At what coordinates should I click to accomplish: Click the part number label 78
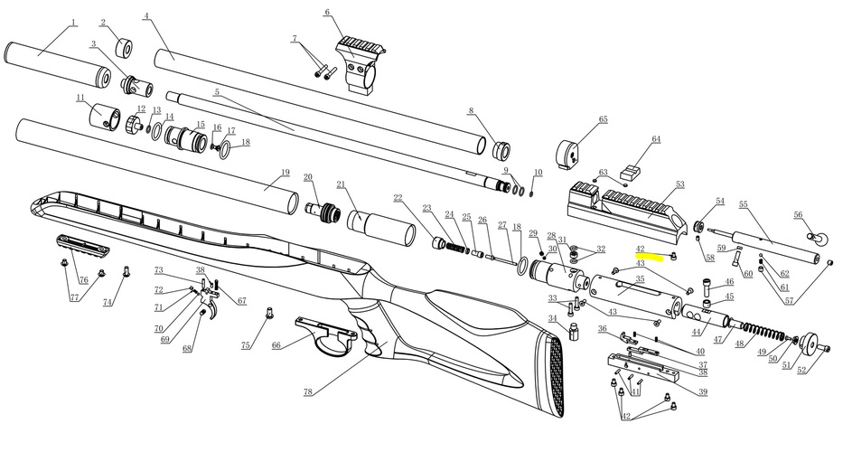[309, 393]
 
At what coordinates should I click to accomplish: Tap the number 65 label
[603, 119]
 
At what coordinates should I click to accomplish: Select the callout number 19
[285, 173]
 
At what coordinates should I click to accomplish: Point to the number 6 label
[327, 12]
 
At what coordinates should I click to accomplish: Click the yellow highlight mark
[650, 258]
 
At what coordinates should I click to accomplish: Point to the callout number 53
[679, 184]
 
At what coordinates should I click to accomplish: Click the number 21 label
[342, 184]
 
